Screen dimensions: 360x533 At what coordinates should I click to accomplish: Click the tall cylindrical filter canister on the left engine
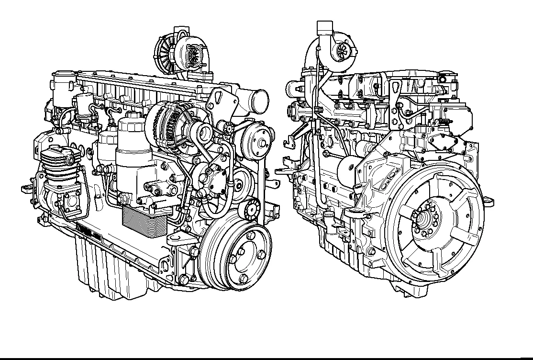132,144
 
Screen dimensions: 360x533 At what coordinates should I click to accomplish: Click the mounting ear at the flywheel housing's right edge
488,201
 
